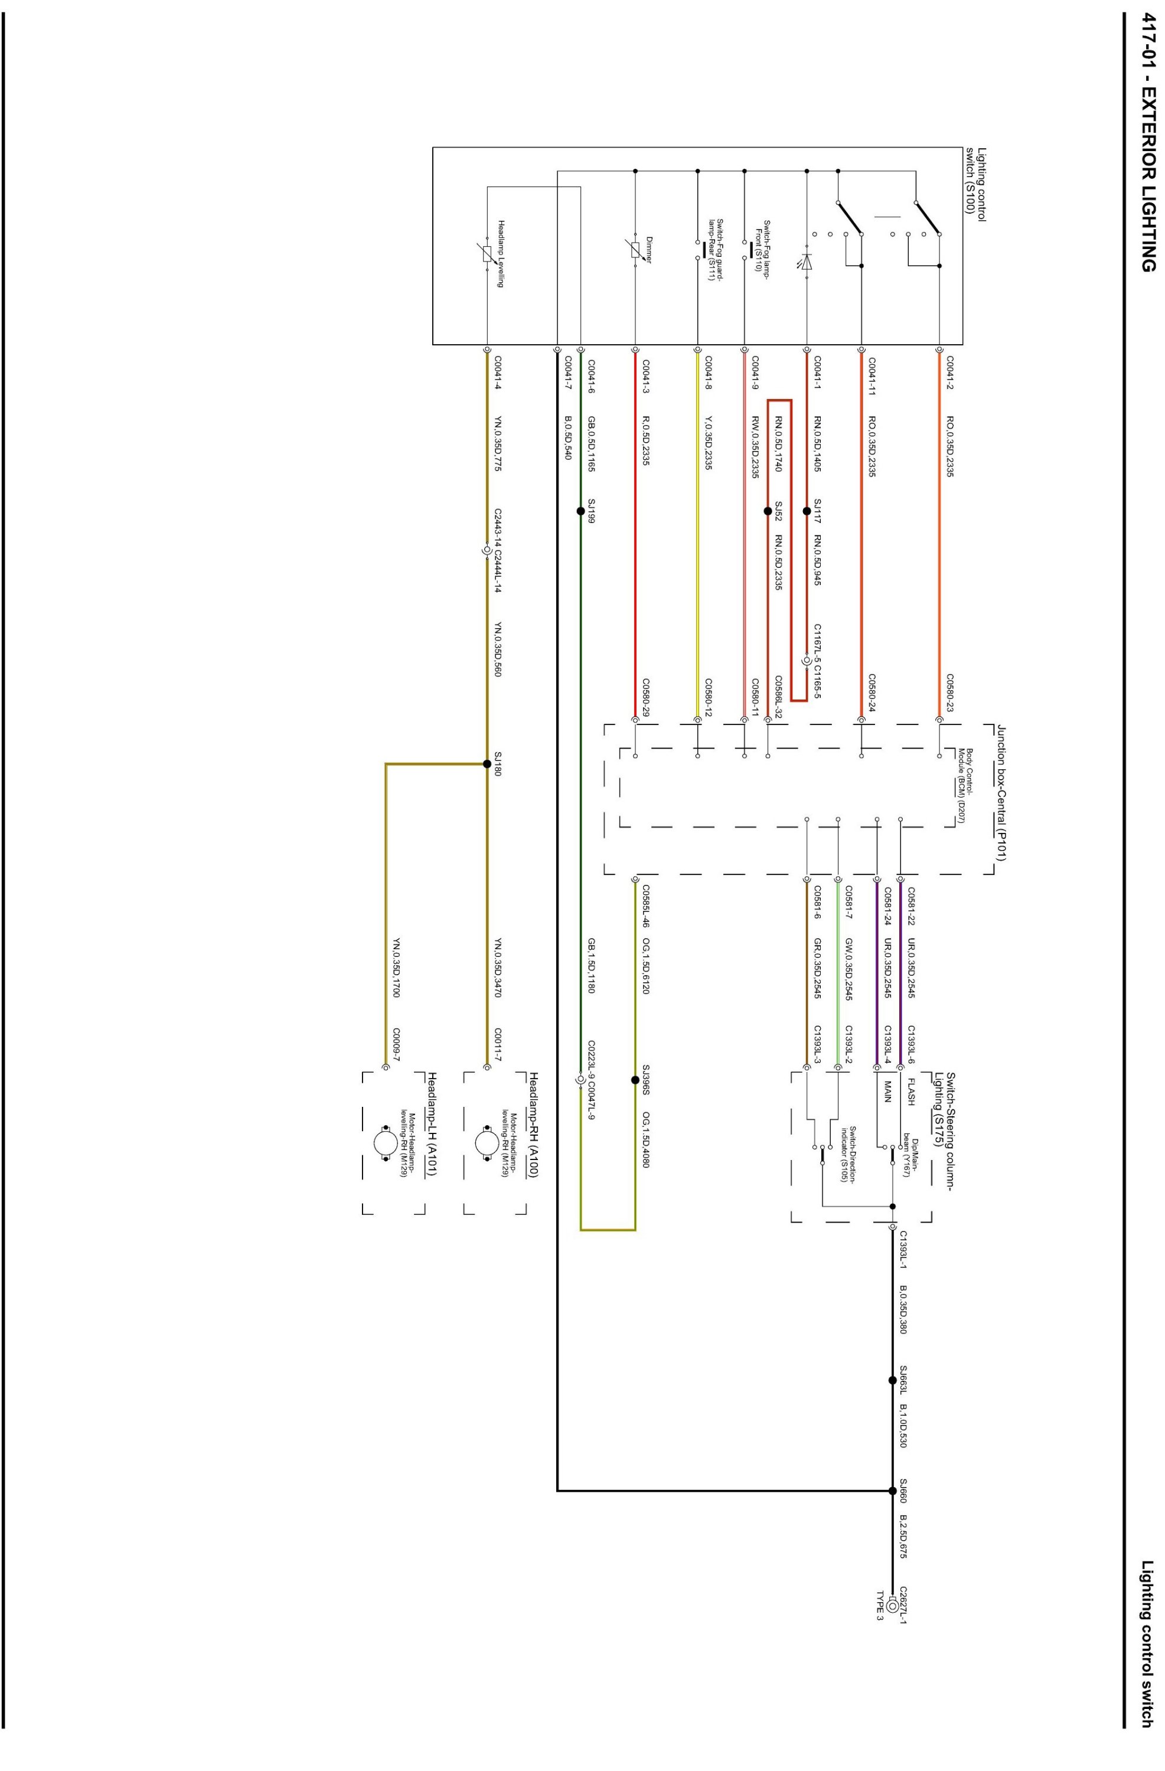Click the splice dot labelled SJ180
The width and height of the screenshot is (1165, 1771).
[487, 763]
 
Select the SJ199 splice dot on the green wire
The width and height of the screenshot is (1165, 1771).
[580, 511]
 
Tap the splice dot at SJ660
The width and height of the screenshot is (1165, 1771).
[893, 1491]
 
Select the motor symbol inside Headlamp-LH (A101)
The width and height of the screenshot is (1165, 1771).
[386, 1142]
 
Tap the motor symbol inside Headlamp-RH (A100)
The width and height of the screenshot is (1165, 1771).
[487, 1142]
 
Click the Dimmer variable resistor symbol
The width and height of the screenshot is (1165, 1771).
[635, 249]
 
